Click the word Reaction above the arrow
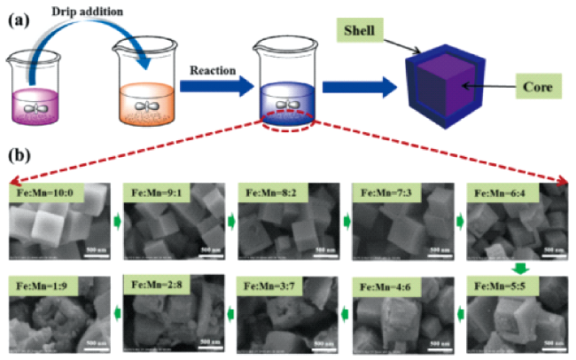click(x=213, y=67)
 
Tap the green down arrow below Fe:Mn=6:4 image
click(x=521, y=266)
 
